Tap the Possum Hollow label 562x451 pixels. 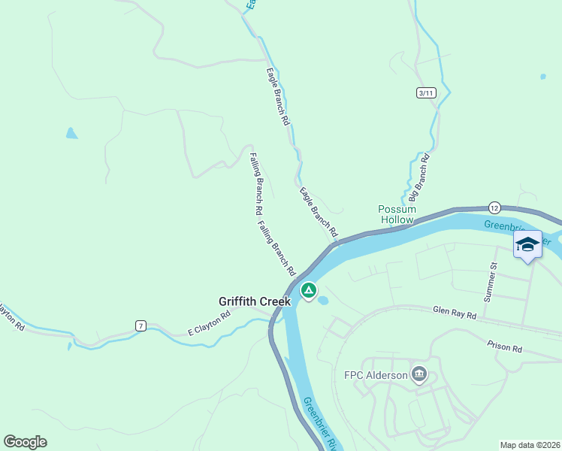point(396,214)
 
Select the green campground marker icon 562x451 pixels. point(308,289)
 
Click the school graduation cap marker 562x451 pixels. point(527,244)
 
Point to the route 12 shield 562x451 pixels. point(494,207)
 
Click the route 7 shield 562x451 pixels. point(140,325)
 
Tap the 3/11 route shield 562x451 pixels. point(426,92)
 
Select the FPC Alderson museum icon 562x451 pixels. point(419,374)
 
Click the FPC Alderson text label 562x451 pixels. point(376,375)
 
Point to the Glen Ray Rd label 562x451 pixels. point(455,313)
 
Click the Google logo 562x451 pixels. point(25,442)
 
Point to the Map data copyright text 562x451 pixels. point(529,445)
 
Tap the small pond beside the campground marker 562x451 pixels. point(323,301)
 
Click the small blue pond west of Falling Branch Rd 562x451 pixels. point(71,134)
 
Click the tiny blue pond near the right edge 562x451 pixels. point(542,77)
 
